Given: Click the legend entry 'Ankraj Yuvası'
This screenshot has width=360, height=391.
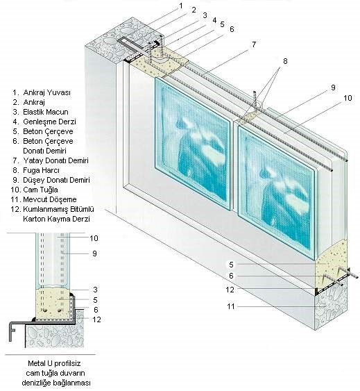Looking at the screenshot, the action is click(46, 92).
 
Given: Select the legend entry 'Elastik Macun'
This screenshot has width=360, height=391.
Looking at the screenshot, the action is click(46, 112).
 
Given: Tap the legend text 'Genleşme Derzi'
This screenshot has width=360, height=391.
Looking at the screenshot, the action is click(49, 122).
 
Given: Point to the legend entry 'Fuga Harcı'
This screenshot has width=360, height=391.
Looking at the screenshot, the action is click(41, 170).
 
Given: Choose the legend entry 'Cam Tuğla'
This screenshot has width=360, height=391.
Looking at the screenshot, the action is click(40, 190).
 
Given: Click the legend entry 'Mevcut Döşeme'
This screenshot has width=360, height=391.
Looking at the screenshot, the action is click(49, 199).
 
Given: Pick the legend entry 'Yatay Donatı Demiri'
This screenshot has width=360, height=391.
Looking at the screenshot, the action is click(55, 160).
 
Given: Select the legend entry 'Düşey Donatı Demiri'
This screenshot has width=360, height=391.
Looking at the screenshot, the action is click(56, 180).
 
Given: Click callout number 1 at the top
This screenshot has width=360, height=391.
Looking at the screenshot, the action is click(181, 6).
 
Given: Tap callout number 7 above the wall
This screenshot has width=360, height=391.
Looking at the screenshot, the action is click(254, 44).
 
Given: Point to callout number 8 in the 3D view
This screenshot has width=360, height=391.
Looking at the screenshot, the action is click(285, 61).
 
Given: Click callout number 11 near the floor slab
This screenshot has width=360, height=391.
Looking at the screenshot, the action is click(231, 306).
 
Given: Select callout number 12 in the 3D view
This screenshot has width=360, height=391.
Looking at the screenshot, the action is click(230, 290).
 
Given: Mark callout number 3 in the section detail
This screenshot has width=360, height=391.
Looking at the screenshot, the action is click(95, 290).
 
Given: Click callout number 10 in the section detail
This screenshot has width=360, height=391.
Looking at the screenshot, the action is click(94, 238).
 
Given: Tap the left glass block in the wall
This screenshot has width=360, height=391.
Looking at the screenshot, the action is click(192, 144).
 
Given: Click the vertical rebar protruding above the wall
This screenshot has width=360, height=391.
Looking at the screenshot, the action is click(255, 100).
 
